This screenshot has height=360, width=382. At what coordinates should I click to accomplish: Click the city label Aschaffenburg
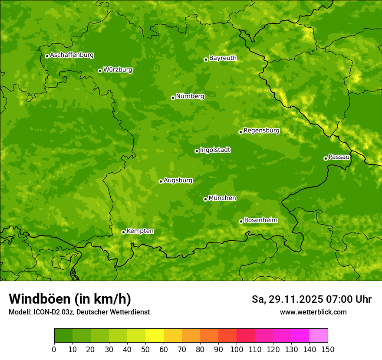click(72, 55)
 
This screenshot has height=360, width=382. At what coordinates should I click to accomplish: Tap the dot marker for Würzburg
click(100, 71)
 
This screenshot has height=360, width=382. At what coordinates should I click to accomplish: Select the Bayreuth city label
click(223, 58)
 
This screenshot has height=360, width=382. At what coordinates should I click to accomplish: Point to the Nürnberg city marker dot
click(173, 98)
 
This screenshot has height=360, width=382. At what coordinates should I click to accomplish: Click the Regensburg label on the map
click(261, 131)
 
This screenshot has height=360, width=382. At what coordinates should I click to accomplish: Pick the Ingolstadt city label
click(215, 150)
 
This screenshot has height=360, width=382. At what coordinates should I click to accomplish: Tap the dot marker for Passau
click(326, 158)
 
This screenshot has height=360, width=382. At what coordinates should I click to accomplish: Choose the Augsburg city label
click(178, 180)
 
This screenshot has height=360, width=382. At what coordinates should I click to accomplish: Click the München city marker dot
click(205, 199)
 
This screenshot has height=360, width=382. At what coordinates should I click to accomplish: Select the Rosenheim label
click(260, 220)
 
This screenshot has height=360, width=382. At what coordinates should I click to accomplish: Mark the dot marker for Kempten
click(123, 232)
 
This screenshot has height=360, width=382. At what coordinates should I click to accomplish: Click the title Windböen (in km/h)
click(70, 299)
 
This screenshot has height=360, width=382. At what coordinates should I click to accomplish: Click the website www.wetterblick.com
click(313, 312)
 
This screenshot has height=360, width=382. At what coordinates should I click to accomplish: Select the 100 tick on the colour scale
click(237, 350)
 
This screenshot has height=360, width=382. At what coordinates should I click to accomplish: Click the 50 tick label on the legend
click(145, 350)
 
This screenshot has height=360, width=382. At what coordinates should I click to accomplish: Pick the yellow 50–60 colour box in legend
click(155, 336)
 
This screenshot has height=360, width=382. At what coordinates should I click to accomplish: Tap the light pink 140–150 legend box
click(319, 336)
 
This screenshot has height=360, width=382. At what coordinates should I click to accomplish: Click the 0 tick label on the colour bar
click(54, 350)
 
